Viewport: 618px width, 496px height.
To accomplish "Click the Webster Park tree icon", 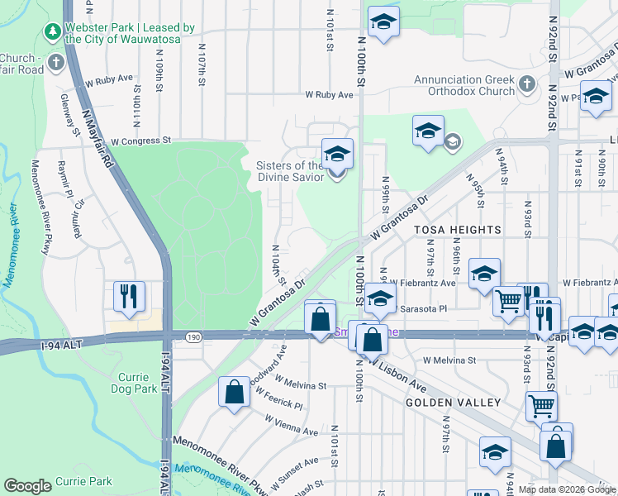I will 53,32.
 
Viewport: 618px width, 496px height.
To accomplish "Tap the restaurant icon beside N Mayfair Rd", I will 130,297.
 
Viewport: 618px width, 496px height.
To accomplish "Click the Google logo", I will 27,486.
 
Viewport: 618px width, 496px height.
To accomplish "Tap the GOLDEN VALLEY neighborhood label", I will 453,403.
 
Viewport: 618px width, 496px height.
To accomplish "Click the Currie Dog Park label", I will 133,383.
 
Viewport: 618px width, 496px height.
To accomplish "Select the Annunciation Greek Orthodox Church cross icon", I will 528,85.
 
